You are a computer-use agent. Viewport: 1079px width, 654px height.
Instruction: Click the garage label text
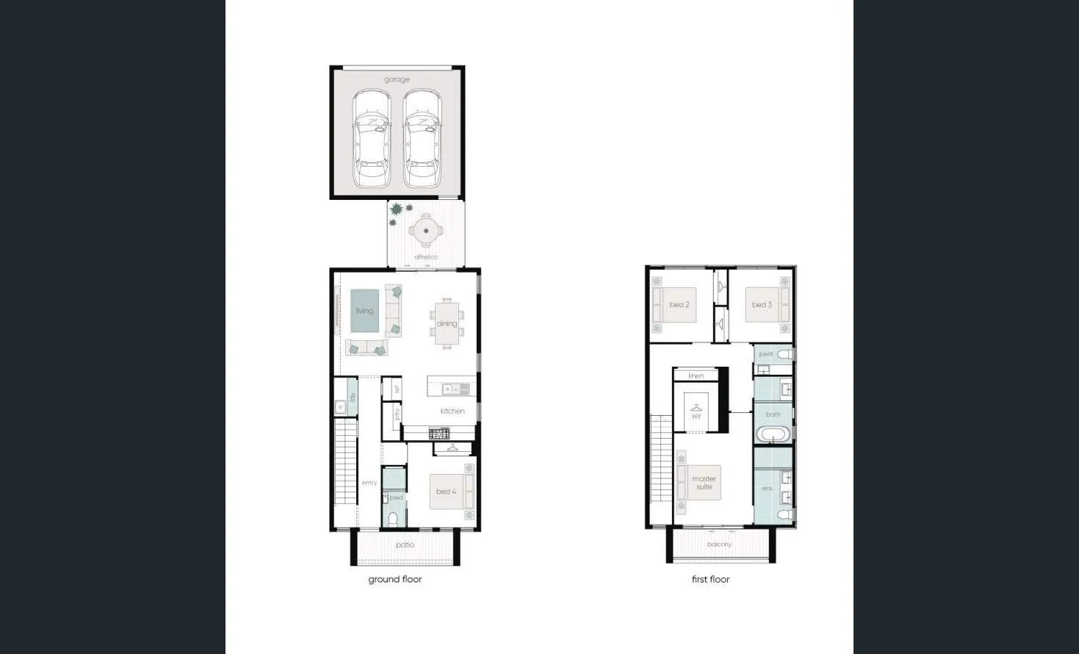click(397, 79)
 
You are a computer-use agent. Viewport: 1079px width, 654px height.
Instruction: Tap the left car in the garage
click(371, 138)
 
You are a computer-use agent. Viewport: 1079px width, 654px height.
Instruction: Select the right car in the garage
click(422, 138)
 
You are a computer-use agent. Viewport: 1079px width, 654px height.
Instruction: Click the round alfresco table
click(426, 231)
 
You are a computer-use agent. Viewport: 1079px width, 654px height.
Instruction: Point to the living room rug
click(364, 311)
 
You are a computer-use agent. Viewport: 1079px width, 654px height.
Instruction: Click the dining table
click(447, 323)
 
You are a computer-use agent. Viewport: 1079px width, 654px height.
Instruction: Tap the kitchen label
click(452, 411)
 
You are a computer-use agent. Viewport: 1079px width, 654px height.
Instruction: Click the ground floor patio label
click(405, 545)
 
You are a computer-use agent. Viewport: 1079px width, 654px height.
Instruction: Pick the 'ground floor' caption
click(395, 579)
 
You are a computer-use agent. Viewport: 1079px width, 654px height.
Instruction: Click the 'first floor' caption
click(710, 579)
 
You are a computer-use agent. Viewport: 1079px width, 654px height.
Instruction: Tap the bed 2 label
click(679, 304)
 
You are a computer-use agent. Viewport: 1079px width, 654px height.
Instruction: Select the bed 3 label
click(762, 304)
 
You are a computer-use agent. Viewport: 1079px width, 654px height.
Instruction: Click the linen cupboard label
click(696, 375)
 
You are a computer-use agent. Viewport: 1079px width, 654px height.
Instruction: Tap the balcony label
click(719, 545)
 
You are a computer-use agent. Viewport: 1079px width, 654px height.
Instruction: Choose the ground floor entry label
click(369, 483)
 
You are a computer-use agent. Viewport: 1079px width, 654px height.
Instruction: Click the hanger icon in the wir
click(696, 407)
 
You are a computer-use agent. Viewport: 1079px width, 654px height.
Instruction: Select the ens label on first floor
click(768, 489)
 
